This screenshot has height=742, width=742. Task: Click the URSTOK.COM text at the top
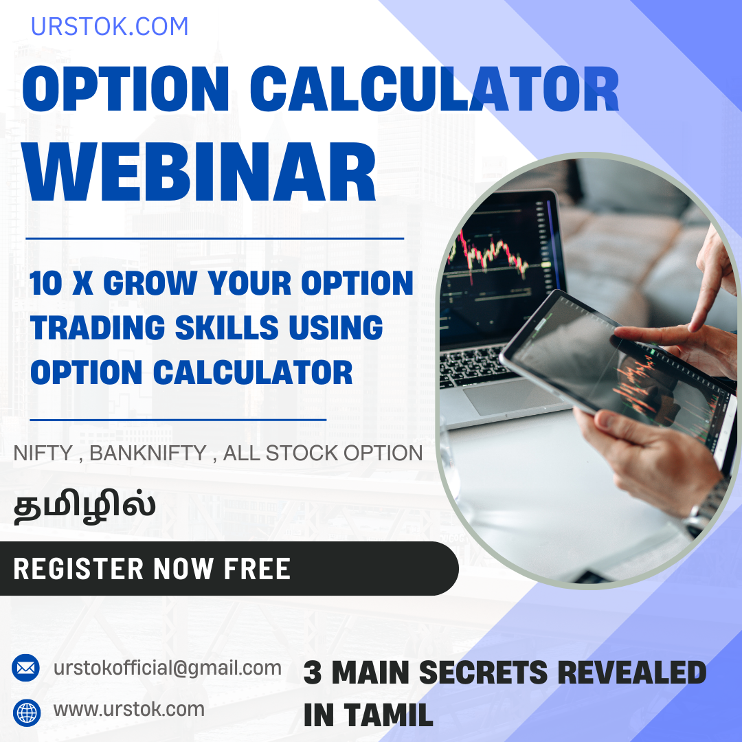coord(109,27)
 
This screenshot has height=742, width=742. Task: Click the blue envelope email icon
coord(26,667)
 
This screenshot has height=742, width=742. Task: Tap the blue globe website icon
coord(26,712)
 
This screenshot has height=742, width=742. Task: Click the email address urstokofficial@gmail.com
coord(168,668)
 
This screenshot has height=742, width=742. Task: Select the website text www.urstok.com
coord(129,709)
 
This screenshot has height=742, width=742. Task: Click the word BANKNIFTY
coord(148,453)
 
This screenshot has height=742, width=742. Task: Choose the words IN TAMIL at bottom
coord(368,715)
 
